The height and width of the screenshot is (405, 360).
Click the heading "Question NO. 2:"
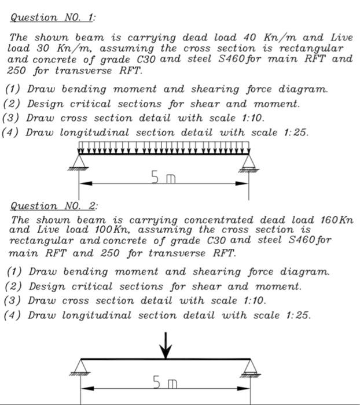[54, 206]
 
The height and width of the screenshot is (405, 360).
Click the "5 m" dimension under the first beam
[164, 179]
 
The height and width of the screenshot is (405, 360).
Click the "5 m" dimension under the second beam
[165, 382]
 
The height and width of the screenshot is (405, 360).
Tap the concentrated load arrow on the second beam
[166, 344]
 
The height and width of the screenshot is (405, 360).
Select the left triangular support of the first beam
[79, 161]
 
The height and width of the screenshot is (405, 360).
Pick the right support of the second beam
[250, 367]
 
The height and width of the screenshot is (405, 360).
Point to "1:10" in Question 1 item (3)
[253, 118]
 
